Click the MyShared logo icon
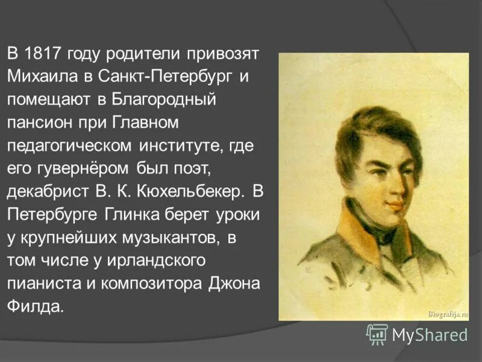click(x=377, y=334)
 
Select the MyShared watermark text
click(x=430, y=334)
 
